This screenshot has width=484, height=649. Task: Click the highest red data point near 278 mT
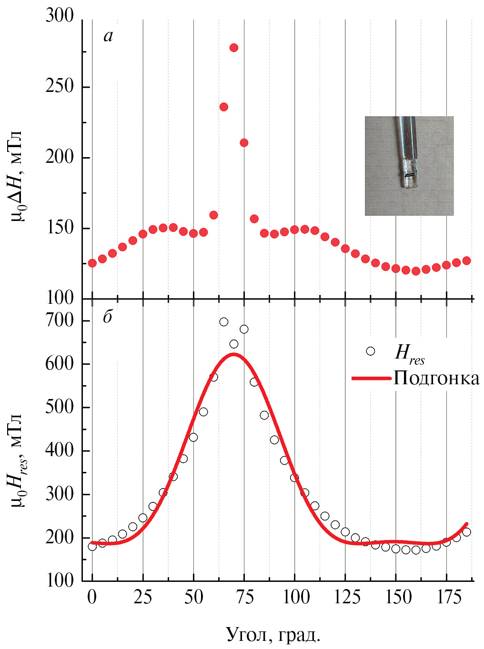pyautogui.click(x=234, y=48)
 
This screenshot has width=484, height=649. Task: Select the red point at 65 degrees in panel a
pyautogui.click(x=223, y=107)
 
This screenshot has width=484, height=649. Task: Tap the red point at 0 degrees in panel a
pyautogui.click(x=92, y=263)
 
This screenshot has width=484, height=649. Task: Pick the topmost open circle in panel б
pyautogui.click(x=223, y=322)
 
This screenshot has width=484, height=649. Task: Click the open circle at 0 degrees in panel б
pyautogui.click(x=92, y=546)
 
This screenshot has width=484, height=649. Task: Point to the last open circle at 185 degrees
pyautogui.click(x=466, y=532)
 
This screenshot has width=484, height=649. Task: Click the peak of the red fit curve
pyautogui.click(x=233, y=354)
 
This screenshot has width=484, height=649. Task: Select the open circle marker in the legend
pyautogui.click(x=370, y=351)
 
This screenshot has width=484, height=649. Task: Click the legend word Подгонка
pyautogui.click(x=436, y=378)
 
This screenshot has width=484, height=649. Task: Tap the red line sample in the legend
pyautogui.click(x=372, y=378)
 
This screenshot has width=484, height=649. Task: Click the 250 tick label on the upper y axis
pyautogui.click(x=60, y=87)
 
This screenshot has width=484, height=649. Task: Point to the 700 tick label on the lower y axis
pyautogui.click(x=60, y=320)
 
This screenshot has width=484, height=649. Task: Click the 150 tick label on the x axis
pyautogui.click(x=395, y=597)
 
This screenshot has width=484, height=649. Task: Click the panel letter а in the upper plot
pyautogui.click(x=108, y=36)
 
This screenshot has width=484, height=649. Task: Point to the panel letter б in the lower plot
pyautogui.click(x=108, y=317)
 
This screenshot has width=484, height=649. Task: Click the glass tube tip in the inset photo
pyautogui.click(x=408, y=183)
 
